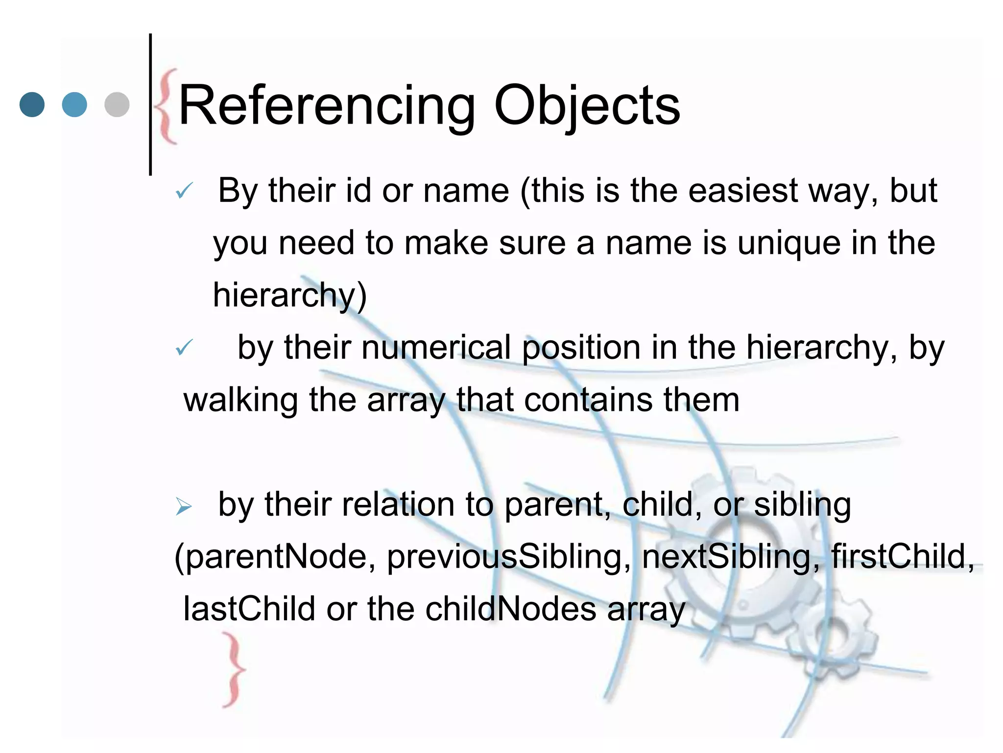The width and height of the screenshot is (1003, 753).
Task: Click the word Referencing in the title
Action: pos(327,106)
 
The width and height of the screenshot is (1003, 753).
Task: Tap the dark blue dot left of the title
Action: pos(32,104)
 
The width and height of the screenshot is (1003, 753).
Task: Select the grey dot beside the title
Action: pos(117,104)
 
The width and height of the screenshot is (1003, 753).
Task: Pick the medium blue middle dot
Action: pos(74,104)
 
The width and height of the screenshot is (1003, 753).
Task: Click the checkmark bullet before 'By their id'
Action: pos(184,191)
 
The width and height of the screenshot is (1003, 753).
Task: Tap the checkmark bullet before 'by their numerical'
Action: pos(184,348)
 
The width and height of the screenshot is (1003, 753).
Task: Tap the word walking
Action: pos(240,400)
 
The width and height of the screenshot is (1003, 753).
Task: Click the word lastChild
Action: pos(249,609)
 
